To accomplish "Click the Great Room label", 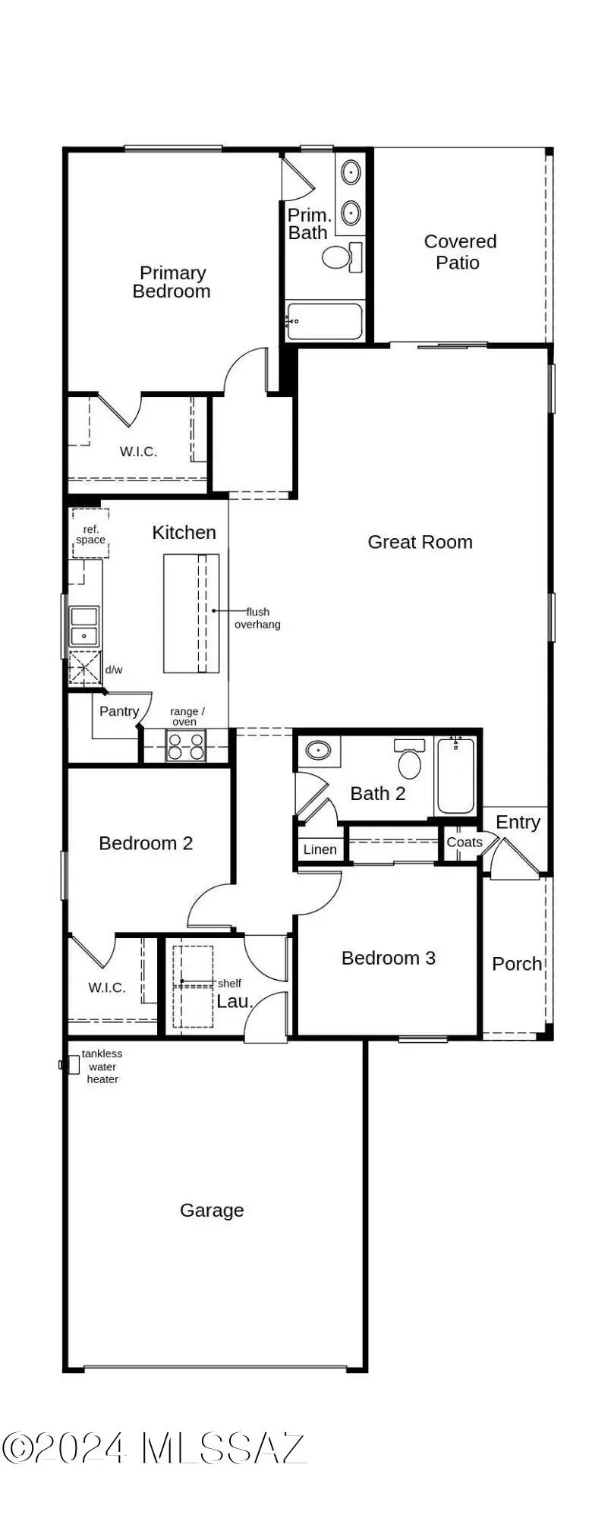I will (420, 542).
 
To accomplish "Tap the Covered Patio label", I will (460, 252).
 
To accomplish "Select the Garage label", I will (212, 1210).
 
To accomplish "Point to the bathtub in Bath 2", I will (456, 776).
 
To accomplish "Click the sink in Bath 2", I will (318, 751).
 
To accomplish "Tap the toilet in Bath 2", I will (410, 761).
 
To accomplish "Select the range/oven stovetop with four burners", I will (186, 746).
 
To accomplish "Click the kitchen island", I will (191, 613).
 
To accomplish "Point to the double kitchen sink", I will (83, 625).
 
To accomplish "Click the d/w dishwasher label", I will (114, 669).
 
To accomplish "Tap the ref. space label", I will (90, 534).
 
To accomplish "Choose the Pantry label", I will (119, 711).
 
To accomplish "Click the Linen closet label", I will (320, 849).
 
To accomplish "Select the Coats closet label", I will (464, 842).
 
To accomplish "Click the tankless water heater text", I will (102, 1066).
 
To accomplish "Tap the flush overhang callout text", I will (257, 618).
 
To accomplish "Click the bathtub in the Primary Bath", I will (325, 322).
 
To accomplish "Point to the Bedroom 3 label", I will (388, 958).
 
